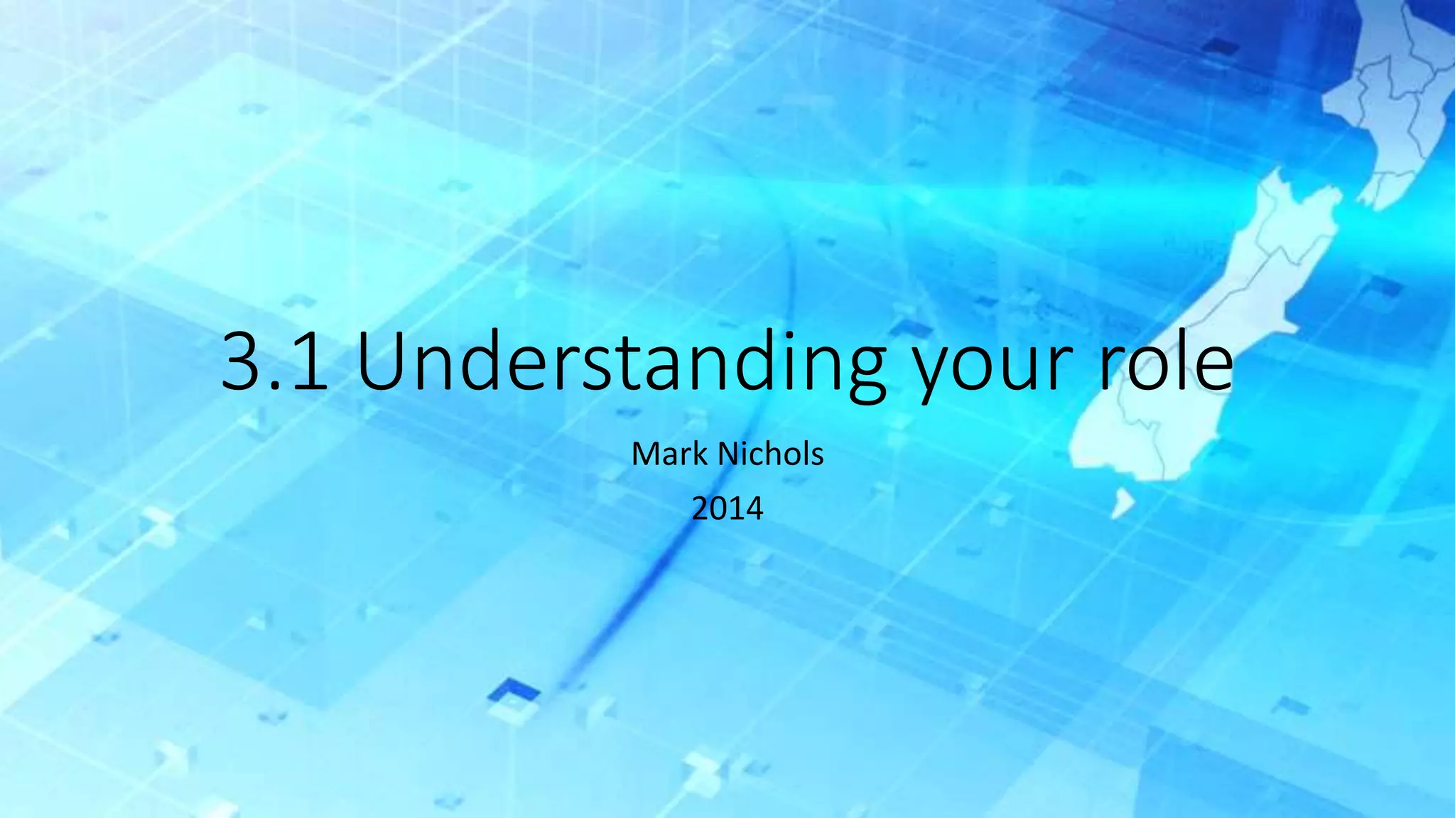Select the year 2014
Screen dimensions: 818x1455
pyautogui.click(x=727, y=509)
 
